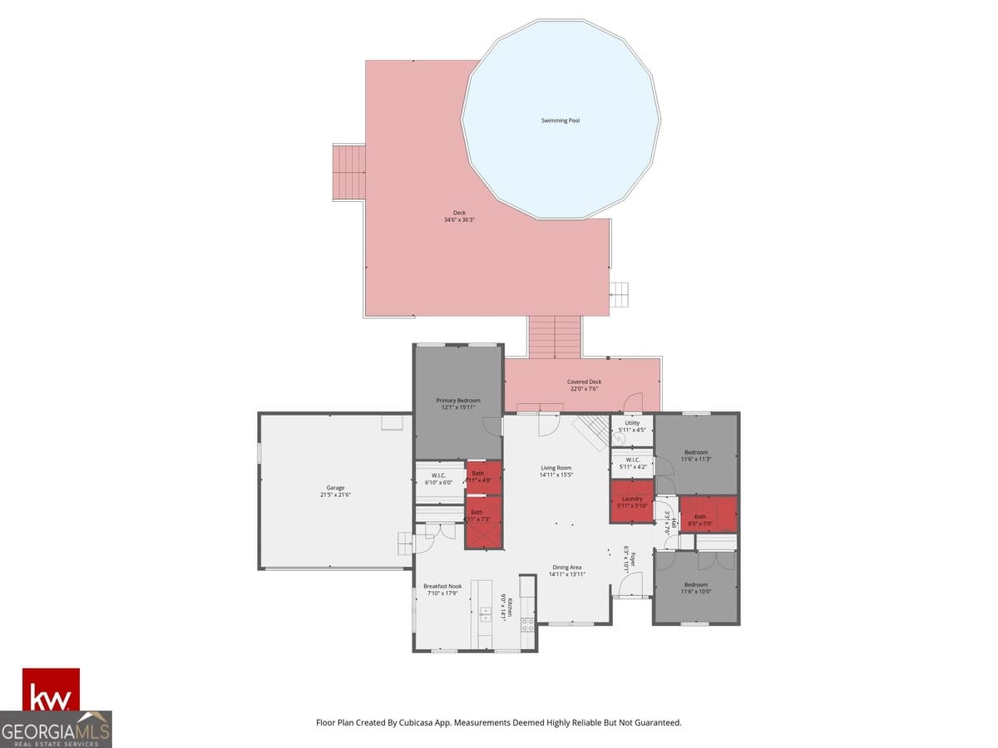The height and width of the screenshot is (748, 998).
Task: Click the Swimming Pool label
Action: (x=561, y=121)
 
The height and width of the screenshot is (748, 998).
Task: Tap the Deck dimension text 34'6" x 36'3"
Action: (x=459, y=220)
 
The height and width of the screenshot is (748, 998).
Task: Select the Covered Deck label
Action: (x=584, y=382)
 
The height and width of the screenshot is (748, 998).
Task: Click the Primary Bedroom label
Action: (x=458, y=401)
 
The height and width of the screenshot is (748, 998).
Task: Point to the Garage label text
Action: (x=335, y=488)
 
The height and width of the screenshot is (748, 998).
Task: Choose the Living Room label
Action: (x=556, y=468)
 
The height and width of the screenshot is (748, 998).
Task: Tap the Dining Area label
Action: (x=566, y=568)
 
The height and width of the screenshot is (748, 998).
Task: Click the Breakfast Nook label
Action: (x=442, y=586)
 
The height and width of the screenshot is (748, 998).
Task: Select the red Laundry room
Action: (x=631, y=502)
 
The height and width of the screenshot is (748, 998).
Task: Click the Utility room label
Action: (x=632, y=423)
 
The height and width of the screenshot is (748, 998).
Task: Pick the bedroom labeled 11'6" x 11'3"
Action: (x=695, y=455)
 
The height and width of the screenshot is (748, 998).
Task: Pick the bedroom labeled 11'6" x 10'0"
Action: (x=695, y=588)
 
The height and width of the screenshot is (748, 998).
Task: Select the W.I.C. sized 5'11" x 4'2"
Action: (x=632, y=463)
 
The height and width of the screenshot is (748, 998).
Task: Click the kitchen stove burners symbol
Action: (x=527, y=624)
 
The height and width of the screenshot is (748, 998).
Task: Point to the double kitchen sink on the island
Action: (x=484, y=614)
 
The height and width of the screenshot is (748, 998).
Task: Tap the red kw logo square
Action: (x=51, y=690)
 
